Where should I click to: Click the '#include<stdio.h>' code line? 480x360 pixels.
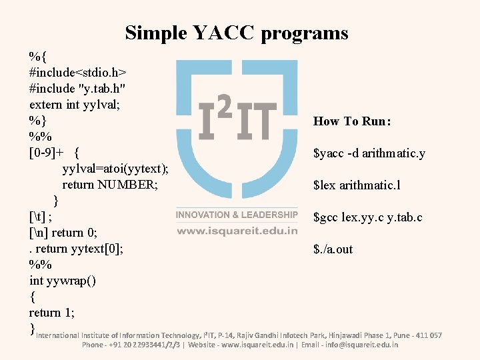pyautogui.click(x=79, y=71)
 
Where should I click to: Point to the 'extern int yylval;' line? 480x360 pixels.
pyautogui.click(x=70, y=104)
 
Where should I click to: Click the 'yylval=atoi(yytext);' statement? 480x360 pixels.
pyautogui.click(x=115, y=169)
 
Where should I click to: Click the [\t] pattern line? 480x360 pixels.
pyautogui.click(x=41, y=217)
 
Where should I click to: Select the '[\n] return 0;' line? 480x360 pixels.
pyautogui.click(x=64, y=233)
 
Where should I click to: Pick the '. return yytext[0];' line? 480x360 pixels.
pyautogui.click(x=77, y=249)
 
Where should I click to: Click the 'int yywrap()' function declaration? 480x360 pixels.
pyautogui.click(x=63, y=281)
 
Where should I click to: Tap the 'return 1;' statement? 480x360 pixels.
pyautogui.click(x=52, y=313)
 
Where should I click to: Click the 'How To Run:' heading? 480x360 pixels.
pyautogui.click(x=352, y=121)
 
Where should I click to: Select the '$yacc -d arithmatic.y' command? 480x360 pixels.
pyautogui.click(x=369, y=154)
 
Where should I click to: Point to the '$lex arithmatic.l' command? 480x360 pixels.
pyautogui.click(x=357, y=185)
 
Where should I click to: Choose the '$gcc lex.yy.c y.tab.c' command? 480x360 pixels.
pyautogui.click(x=367, y=217)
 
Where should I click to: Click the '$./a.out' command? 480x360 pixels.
pyautogui.click(x=333, y=249)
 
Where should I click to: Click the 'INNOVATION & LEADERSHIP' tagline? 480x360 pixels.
pyautogui.click(x=237, y=215)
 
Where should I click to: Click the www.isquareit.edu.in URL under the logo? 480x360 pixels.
pyautogui.click(x=237, y=231)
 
